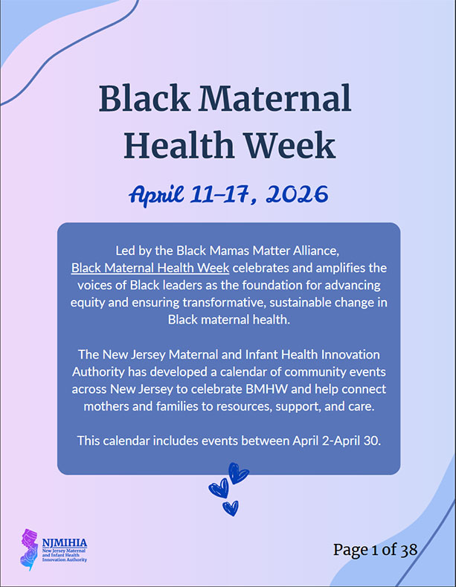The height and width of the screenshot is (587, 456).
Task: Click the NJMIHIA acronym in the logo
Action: coord(65,542)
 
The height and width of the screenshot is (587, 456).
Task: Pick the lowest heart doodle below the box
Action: coord(231,509)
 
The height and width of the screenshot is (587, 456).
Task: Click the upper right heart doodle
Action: coord(238,473)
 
